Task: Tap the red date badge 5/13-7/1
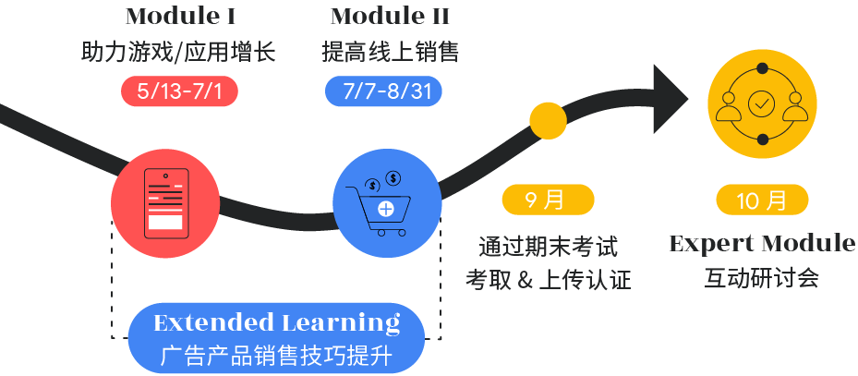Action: [179, 91]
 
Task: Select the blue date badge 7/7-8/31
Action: [383, 91]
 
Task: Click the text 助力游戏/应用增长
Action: [178, 52]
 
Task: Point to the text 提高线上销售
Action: [390, 52]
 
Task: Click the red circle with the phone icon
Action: [165, 204]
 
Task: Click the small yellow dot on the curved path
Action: [547, 120]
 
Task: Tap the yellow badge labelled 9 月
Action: [547, 199]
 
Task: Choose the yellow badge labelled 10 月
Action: [763, 200]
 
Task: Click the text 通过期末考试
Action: [548, 247]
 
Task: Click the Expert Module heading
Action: [762, 244]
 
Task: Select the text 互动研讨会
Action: [762, 278]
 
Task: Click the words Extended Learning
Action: [276, 323]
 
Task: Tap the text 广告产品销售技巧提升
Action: [277, 355]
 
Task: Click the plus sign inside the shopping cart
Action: [384, 208]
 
